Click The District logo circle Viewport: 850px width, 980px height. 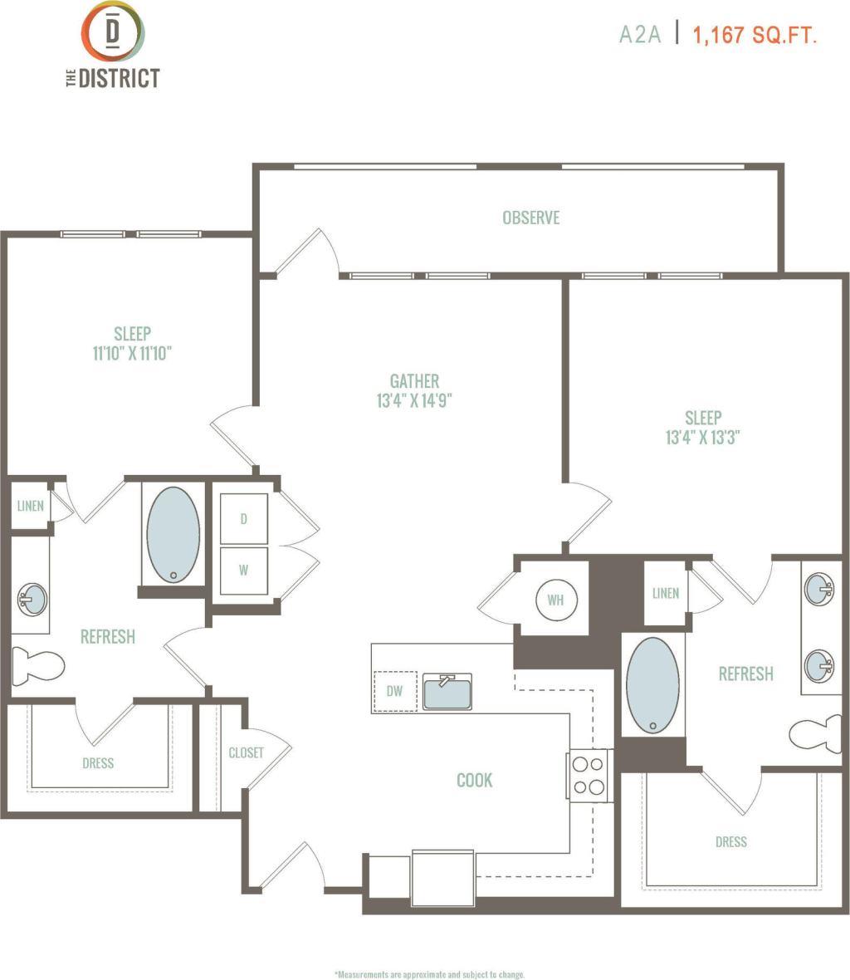(x=112, y=31)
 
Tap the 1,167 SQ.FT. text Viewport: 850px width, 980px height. (x=755, y=34)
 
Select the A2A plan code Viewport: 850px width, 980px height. (x=640, y=34)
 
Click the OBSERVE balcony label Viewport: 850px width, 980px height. (x=530, y=218)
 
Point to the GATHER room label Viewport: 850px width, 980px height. (x=414, y=380)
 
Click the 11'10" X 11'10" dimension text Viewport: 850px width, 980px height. (x=132, y=354)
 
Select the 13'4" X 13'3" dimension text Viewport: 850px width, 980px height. (x=702, y=438)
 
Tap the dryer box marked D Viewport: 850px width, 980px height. (x=243, y=519)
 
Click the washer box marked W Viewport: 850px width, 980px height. (x=243, y=571)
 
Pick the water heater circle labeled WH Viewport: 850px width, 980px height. (x=555, y=599)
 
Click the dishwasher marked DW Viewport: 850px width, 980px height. (x=394, y=691)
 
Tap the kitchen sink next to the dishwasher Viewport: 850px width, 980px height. (x=447, y=692)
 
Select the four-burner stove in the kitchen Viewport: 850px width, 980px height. (x=589, y=775)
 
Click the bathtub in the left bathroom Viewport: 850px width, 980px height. (x=173, y=534)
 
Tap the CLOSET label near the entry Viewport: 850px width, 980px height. (x=246, y=752)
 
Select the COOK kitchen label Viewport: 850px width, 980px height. (x=474, y=780)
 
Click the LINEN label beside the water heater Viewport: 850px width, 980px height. (x=666, y=593)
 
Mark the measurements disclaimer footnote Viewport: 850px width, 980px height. (x=429, y=974)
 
